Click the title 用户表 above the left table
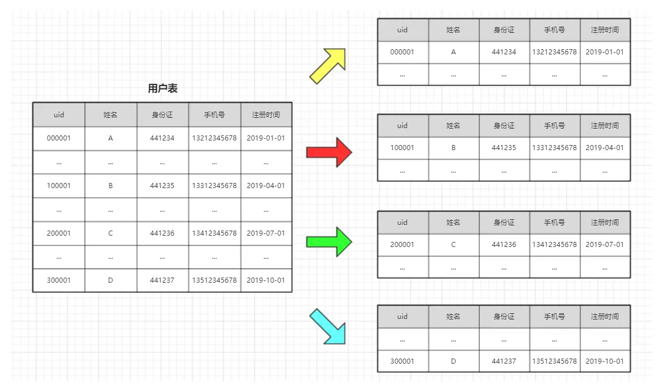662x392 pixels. coord(163,88)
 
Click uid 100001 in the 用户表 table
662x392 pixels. coord(59,185)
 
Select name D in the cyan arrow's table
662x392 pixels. coord(453,361)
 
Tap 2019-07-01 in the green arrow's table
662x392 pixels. coord(604,245)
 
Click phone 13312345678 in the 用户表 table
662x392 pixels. coord(214,185)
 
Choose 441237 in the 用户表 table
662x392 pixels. coord(162,280)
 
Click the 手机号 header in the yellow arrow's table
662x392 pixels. coord(554,29)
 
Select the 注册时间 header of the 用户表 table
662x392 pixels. coord(266,114)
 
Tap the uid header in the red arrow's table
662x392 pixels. coord(402,125)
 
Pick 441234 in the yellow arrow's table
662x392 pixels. coord(504,52)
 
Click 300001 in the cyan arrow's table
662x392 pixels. coord(402,361)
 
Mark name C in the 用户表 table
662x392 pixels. coord(111,233)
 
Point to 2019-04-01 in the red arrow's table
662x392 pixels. coord(604,147)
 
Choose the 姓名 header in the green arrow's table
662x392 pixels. coord(453,222)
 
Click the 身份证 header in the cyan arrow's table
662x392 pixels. coord(504,316)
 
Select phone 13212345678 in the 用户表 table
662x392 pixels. coord(214,138)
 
